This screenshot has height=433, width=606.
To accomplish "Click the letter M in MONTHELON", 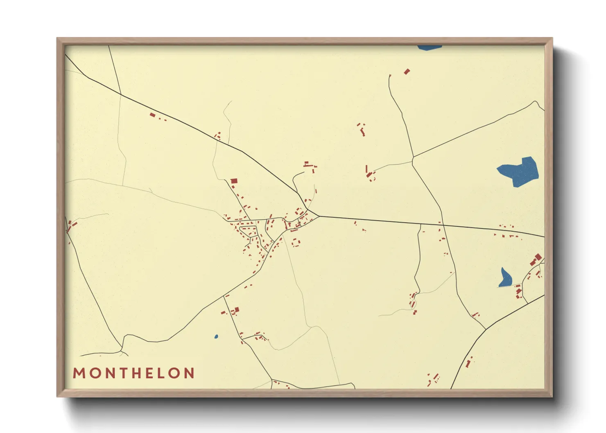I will pyautogui.click(x=78, y=373).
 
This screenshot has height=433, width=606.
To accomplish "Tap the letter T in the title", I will pyautogui.click(x=121, y=373).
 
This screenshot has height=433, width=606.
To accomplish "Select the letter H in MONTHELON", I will pyautogui.click(x=136, y=373).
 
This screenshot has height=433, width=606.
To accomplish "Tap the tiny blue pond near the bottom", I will pyautogui.click(x=216, y=337).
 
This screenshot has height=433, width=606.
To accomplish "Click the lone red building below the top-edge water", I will pyautogui.click(x=407, y=72).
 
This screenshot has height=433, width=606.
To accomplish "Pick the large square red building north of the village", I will pyautogui.click(x=234, y=180).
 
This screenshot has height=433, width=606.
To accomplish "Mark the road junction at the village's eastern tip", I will pyautogui.click(x=319, y=216).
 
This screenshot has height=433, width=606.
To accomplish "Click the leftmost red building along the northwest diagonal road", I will pyautogui.click(x=152, y=115).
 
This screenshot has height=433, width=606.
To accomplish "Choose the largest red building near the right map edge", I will pyautogui.click(x=538, y=257).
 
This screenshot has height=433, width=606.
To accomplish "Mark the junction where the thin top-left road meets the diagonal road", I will pyautogui.click(x=121, y=95).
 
